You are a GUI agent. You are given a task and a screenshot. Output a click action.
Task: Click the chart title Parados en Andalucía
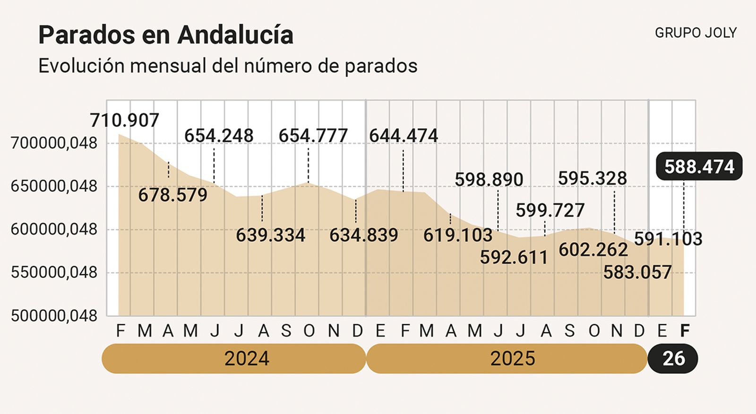166,35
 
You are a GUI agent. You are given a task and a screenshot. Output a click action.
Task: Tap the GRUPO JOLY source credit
696,33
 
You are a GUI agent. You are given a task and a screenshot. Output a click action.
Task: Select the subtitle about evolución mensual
228,66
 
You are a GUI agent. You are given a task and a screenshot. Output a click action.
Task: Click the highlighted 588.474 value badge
699,167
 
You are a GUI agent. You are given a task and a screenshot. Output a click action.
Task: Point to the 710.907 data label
125,121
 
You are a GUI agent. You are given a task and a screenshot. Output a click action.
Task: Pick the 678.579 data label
173,195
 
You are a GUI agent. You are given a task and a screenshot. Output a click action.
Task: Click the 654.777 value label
313,136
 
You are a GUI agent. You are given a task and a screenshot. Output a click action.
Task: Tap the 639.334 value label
271,235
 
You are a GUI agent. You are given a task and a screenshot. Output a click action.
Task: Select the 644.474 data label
404,136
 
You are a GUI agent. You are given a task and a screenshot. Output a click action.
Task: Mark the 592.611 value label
514,257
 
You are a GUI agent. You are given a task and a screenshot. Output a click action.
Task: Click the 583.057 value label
637,272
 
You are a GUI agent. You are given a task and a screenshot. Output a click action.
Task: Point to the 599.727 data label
550,210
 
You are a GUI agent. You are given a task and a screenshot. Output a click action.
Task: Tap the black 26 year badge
673,359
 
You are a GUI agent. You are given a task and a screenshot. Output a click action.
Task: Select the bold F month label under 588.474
684,331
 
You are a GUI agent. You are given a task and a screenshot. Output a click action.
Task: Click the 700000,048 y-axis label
54,143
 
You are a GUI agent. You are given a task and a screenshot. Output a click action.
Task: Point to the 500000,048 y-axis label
54,316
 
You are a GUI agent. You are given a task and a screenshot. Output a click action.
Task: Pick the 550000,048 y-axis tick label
54,273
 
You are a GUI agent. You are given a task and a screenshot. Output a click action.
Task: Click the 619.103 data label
458,235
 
